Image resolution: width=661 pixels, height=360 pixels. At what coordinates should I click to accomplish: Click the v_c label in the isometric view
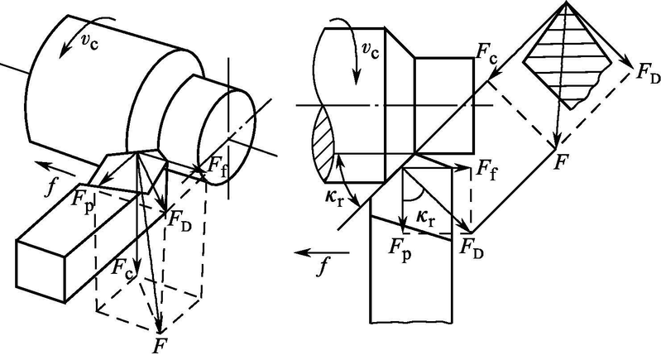[90, 41]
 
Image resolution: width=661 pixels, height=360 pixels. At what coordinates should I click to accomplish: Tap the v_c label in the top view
[371, 51]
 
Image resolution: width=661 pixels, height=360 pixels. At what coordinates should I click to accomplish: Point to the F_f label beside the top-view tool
[486, 170]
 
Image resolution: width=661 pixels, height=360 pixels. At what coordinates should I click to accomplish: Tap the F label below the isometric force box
[160, 346]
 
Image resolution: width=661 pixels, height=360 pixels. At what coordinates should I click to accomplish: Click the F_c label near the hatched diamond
[486, 53]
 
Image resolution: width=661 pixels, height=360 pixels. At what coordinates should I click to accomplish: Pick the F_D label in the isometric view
[180, 221]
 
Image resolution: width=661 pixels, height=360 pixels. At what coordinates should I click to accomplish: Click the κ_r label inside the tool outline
[425, 218]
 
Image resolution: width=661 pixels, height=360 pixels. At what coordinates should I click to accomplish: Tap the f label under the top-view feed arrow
[323, 266]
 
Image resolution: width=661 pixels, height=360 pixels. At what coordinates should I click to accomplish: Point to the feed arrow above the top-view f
[322, 253]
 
